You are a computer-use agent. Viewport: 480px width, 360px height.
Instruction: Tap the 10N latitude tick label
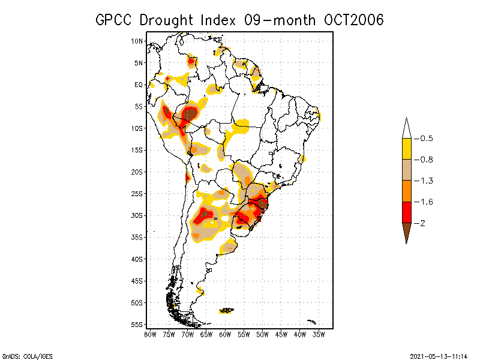coord(137,41)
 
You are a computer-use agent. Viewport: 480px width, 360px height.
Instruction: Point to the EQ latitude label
coord(139,85)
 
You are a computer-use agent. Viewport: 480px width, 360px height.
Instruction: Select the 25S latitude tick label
coord(137,193)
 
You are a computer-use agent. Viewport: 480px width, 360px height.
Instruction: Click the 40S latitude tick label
coord(137,259)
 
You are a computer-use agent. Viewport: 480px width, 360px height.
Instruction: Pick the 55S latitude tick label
coord(137,324)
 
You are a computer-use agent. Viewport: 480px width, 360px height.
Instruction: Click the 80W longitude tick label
coord(150,334)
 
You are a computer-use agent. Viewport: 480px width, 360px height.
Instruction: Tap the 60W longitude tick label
coord(225,334)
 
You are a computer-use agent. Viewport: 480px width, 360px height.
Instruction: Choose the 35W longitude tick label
coord(319,334)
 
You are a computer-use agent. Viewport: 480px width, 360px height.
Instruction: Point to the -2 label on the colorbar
coord(421,223)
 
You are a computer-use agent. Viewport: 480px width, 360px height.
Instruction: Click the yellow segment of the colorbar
coord(406,149)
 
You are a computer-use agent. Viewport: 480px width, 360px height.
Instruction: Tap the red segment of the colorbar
coord(406,212)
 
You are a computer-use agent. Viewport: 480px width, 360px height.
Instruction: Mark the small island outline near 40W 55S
coord(311,322)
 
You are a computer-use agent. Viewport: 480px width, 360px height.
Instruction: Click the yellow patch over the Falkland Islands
coord(227,310)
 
